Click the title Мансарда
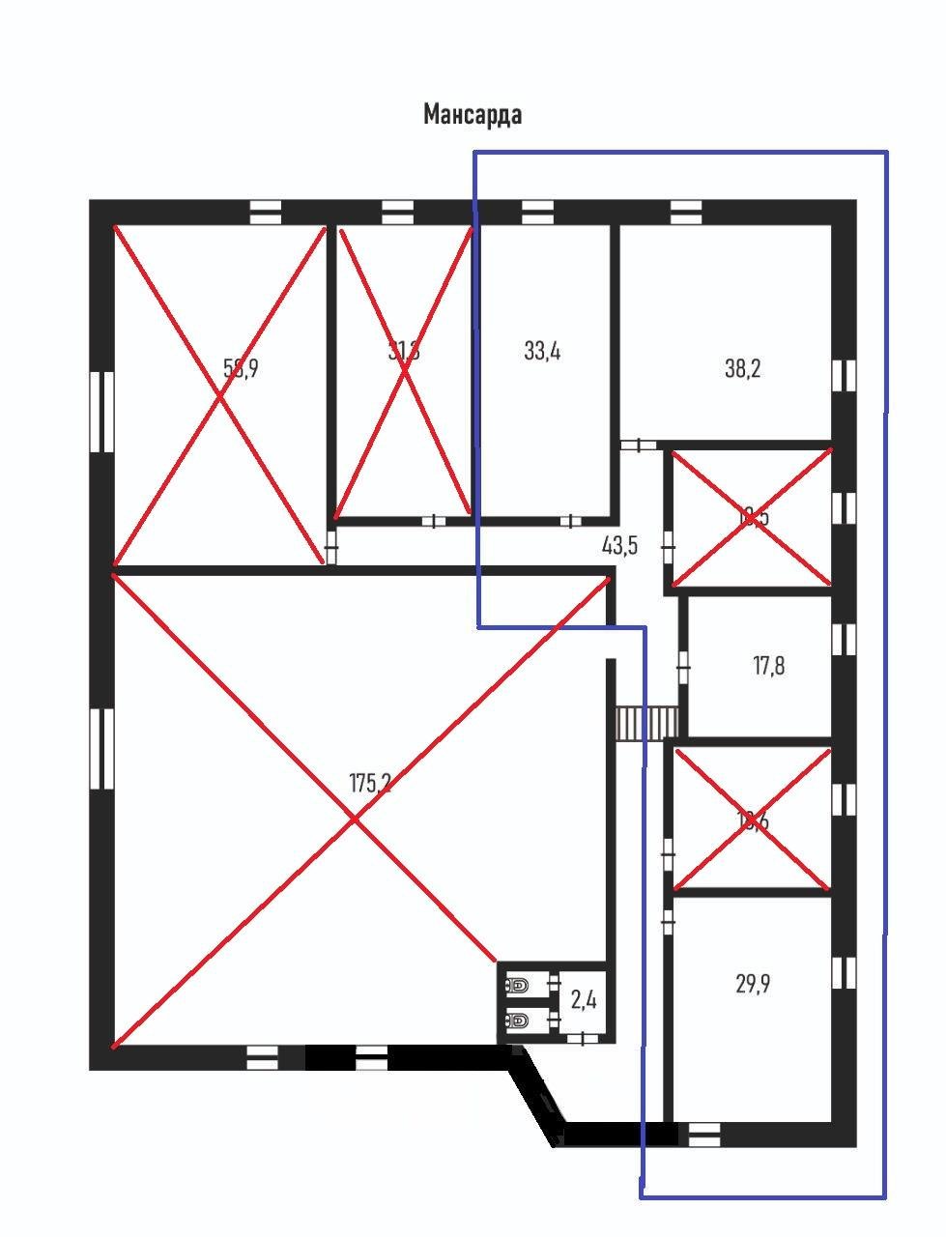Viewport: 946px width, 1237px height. coord(473,115)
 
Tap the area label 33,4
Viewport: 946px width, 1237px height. coord(542,351)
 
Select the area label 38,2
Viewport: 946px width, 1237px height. coord(742,368)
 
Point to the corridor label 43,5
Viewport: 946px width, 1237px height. coord(619,546)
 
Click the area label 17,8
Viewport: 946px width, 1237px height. coord(768,666)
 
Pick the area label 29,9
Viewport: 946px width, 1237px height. coord(753,985)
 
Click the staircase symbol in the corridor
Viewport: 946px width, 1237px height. coord(647,723)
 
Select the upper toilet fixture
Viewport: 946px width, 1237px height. coord(519,986)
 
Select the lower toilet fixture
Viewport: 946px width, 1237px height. coord(519,1021)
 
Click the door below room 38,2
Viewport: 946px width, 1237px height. coord(638,445)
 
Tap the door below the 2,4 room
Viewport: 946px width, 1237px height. coord(582,1039)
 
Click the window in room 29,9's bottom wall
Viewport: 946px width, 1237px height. coord(704,1135)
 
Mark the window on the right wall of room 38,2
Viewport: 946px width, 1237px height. coord(845,375)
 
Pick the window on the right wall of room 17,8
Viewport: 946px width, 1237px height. coord(845,639)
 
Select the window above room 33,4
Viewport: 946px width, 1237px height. coord(537,212)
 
